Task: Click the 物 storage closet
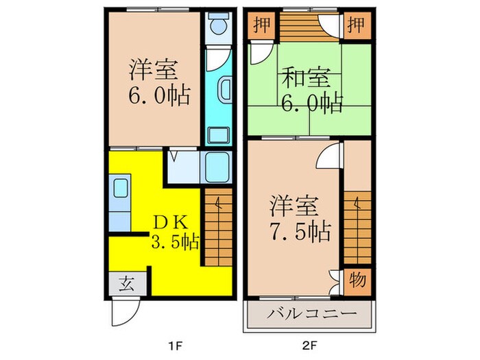click(x=357, y=280)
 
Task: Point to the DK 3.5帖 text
click(x=174, y=231)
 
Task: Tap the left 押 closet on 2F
click(x=259, y=26)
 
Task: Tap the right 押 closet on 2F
click(x=357, y=26)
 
